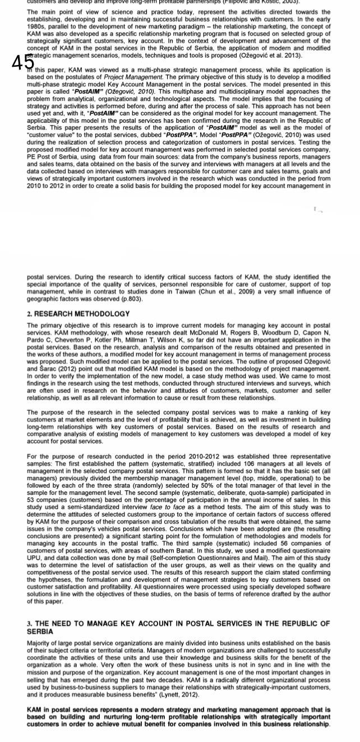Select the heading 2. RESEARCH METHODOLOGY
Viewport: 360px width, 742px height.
point(78,313)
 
